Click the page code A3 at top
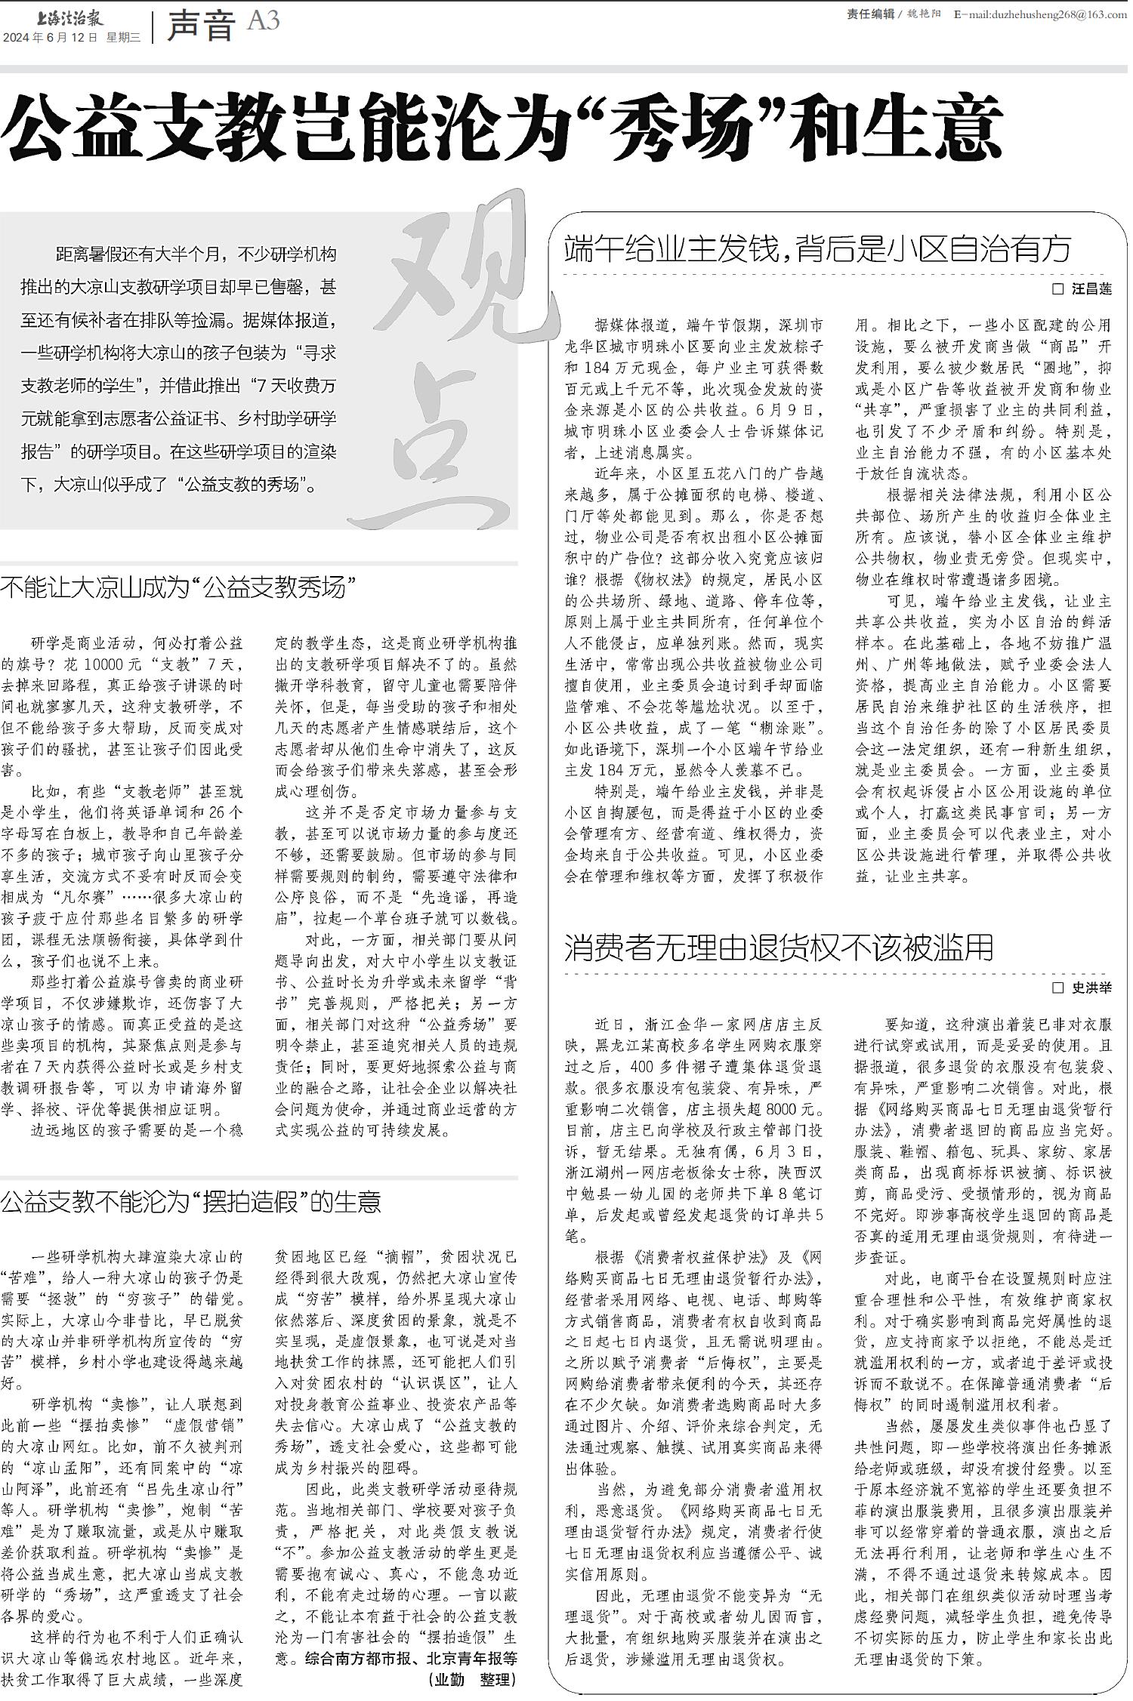(x=263, y=20)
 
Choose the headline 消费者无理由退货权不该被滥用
(x=779, y=947)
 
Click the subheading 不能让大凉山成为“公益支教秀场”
(x=178, y=587)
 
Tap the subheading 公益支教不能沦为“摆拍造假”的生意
(x=190, y=1201)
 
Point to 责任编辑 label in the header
(x=870, y=14)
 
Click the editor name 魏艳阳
(x=926, y=14)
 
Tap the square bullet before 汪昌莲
(x=1057, y=289)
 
